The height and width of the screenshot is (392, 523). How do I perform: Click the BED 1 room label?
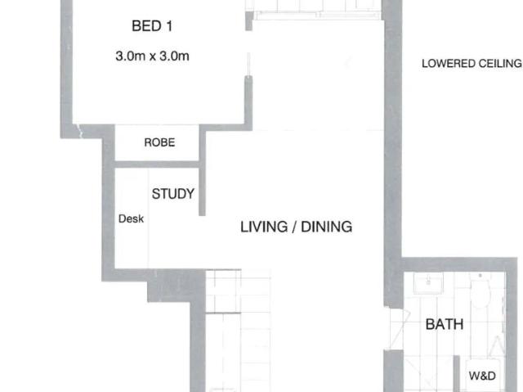pyautogui.click(x=153, y=27)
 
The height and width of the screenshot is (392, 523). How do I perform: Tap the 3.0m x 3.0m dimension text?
pyautogui.click(x=153, y=57)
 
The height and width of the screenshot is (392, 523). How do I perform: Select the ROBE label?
pyautogui.click(x=159, y=142)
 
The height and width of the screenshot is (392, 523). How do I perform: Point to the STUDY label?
pyautogui.click(x=173, y=194)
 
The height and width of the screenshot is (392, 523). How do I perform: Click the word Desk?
pyautogui.click(x=132, y=219)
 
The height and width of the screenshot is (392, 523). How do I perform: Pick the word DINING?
pyautogui.click(x=326, y=227)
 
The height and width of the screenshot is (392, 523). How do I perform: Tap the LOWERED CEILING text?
pyautogui.click(x=471, y=63)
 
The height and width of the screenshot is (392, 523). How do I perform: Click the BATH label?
pyautogui.click(x=445, y=325)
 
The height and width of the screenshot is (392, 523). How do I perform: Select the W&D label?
pyautogui.click(x=482, y=376)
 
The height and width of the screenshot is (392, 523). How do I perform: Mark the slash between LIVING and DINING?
pyautogui.click(x=291, y=227)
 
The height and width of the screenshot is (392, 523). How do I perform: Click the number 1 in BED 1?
pyautogui.click(x=169, y=27)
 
